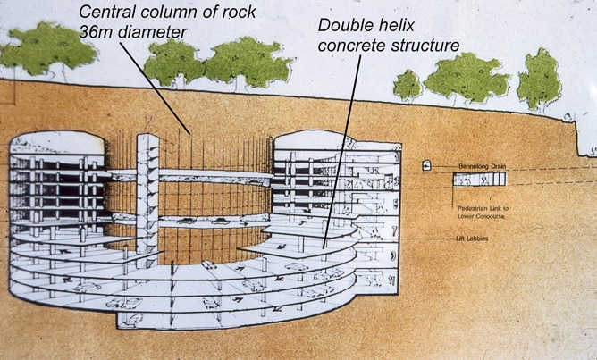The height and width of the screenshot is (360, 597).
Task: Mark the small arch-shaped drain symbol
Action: (427, 165)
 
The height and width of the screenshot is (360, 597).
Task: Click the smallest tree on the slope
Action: (407, 85)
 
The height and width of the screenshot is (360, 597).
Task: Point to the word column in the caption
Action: (180, 12)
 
